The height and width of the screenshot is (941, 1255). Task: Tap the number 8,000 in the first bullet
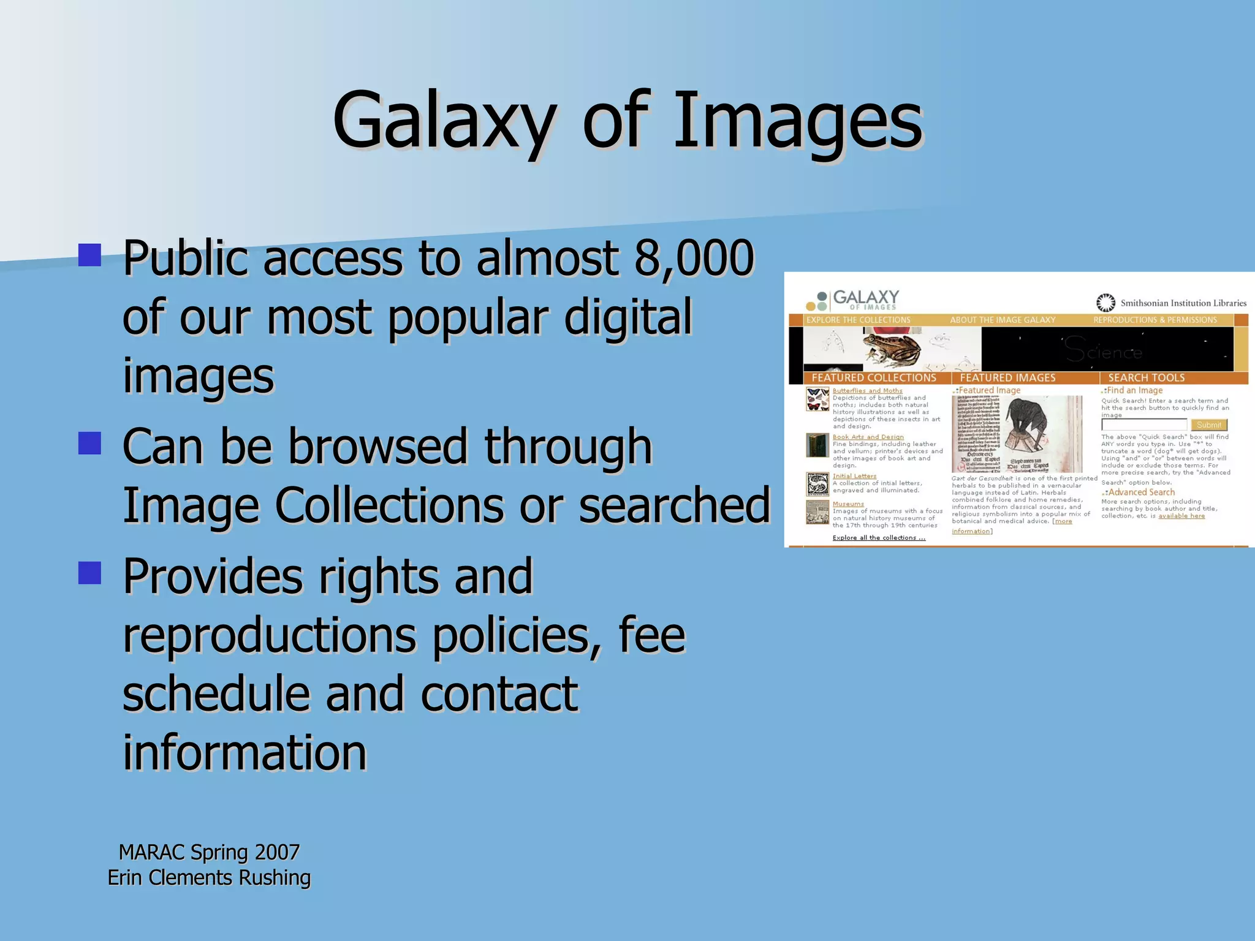(x=694, y=257)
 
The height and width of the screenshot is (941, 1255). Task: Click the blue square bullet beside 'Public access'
(x=89, y=255)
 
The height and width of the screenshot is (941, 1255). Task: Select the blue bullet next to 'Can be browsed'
(x=89, y=443)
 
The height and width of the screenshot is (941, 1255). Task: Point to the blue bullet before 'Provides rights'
(x=89, y=573)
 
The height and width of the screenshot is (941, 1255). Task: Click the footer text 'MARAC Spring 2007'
(x=209, y=852)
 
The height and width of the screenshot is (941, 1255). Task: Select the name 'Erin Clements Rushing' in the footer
(x=209, y=877)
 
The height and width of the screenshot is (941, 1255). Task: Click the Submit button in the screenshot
(x=1208, y=425)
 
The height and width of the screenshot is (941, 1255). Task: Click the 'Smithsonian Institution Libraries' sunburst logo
(x=1105, y=303)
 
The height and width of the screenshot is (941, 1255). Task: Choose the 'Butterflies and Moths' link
(x=867, y=391)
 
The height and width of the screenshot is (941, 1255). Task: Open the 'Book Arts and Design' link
(x=868, y=437)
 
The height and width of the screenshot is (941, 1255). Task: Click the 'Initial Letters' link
(x=854, y=476)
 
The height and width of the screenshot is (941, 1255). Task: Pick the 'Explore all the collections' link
(x=879, y=538)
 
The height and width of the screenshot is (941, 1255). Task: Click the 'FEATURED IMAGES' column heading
(x=1007, y=378)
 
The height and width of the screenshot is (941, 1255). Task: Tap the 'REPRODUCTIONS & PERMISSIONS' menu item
(x=1155, y=320)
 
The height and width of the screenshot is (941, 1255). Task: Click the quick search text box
(x=1144, y=425)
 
